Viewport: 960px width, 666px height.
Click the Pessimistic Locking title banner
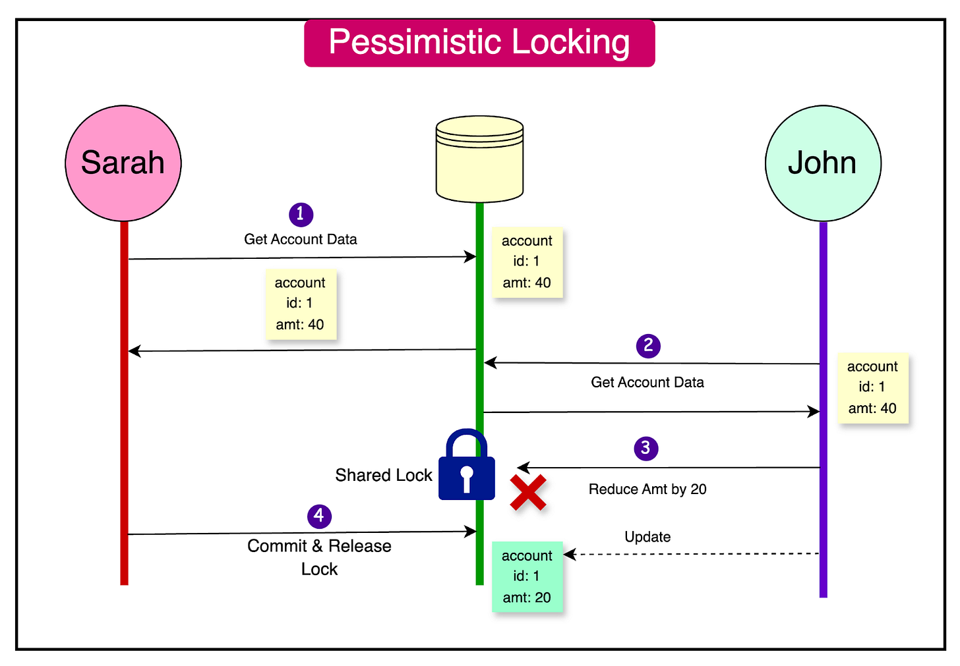[479, 43]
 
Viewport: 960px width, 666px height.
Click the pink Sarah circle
[123, 163]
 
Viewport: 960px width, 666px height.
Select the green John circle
[823, 163]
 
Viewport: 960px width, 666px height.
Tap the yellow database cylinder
[479, 159]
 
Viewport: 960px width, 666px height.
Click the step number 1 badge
[301, 214]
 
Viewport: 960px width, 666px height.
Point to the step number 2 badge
[648, 345]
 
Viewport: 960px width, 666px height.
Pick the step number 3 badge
[645, 448]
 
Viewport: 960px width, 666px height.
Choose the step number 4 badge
[319, 515]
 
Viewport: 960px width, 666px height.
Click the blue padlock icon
[467, 466]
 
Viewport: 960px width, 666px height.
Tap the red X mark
[528, 493]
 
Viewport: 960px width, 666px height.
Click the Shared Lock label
[383, 475]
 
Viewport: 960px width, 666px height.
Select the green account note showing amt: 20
[527, 576]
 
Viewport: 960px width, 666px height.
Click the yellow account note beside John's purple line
[872, 387]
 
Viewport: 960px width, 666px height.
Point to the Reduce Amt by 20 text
[647, 489]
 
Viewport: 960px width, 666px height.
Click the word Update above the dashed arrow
[647, 537]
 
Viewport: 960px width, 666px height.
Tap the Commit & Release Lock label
[319, 557]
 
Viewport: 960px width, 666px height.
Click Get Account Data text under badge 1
[301, 239]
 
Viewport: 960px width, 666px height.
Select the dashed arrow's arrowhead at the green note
[568, 555]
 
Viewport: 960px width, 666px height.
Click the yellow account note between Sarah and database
[301, 304]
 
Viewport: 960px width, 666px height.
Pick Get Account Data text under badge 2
[647, 382]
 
